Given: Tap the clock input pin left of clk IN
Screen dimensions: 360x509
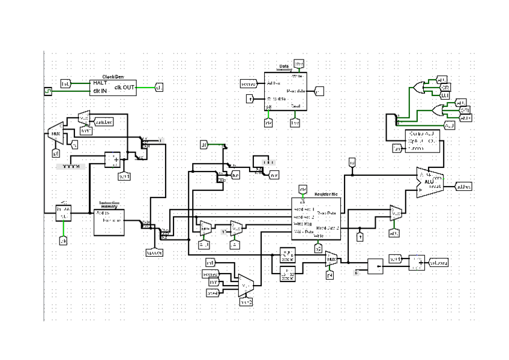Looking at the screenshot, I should point(47,91).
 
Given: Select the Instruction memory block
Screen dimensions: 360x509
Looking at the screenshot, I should point(109,223).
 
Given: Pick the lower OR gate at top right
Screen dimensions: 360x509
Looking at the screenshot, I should point(438,110).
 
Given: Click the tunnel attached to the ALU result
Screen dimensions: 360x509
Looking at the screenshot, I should point(463,187).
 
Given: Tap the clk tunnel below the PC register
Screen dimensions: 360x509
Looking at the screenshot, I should point(62,241).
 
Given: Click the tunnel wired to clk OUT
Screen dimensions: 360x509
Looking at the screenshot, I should point(159,88).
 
